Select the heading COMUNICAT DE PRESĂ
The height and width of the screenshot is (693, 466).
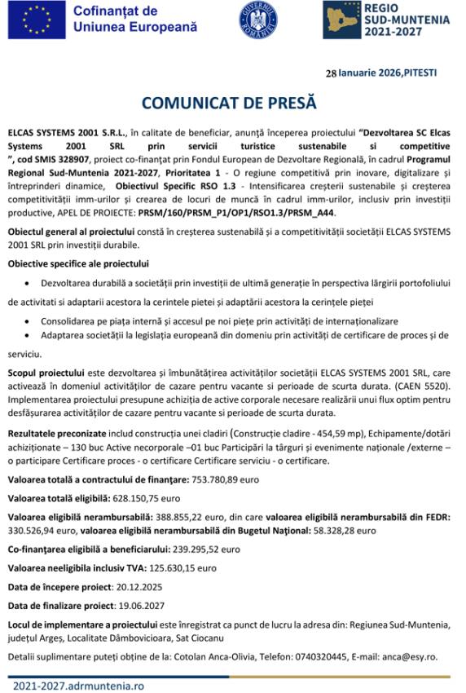point(228,104)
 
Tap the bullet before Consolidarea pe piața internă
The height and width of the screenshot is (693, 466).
point(30,322)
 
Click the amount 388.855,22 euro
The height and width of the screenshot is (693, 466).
point(189,517)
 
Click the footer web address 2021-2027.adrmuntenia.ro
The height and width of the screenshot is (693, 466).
point(78,686)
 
